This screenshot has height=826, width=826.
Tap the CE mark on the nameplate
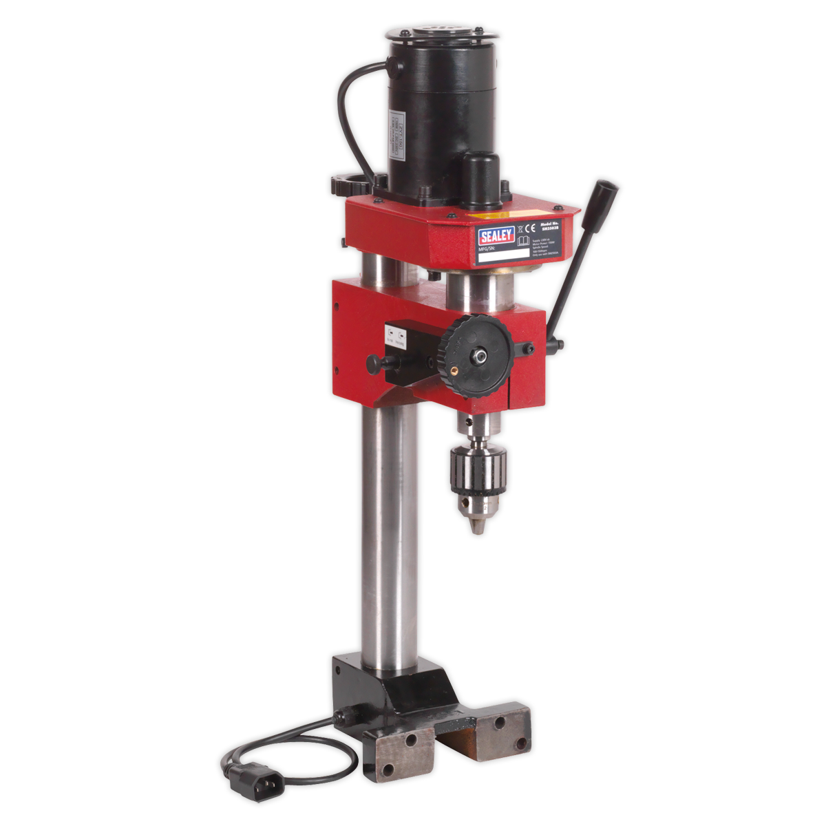pos(530,228)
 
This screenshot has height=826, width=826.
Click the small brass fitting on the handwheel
pos(454,369)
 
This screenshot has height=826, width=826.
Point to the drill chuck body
pos(480,470)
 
